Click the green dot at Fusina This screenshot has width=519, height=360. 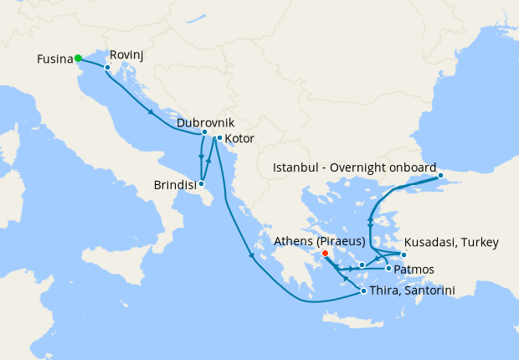tap(78, 59)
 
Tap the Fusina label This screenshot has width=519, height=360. tap(54, 59)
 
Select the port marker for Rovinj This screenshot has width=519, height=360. tap(107, 67)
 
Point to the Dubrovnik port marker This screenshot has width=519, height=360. tap(204, 131)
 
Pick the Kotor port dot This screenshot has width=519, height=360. tap(218, 137)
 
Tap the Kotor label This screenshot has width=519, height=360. tap(239, 138)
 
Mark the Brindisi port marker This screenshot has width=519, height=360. tap(201, 183)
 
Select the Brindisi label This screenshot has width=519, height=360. tap(175, 185)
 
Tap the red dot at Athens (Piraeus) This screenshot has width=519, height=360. tap(325, 254)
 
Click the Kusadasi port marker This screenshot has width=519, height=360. tap(403, 255)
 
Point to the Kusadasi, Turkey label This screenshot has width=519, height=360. tap(451, 242)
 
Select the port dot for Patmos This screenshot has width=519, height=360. tap(388, 269)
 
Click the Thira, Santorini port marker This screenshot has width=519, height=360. tap(362, 291)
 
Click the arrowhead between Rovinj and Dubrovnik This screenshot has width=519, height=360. tap(152, 111)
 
